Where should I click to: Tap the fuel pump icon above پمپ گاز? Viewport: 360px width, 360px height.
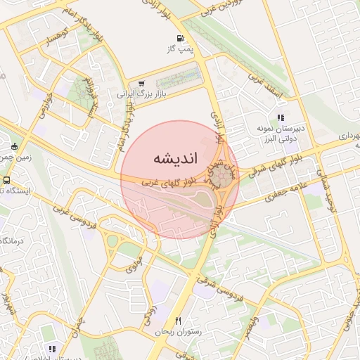coord(181,38)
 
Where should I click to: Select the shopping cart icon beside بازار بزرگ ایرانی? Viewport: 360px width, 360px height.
coord(142,83)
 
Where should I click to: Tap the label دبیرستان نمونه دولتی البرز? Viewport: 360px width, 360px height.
coord(281,134)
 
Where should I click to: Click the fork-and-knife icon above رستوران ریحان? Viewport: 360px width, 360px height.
coord(179,321)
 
